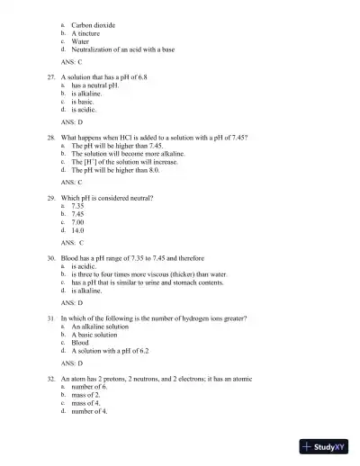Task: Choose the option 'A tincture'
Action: tap(87, 32)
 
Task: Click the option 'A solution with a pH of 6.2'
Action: tap(113, 350)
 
